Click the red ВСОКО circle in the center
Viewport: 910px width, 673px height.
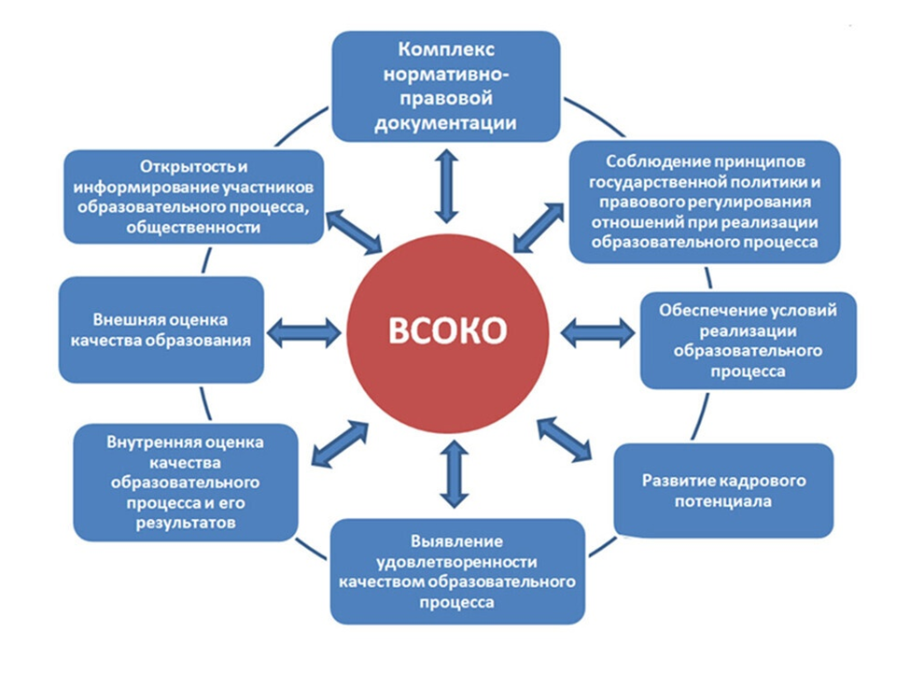pos(447,332)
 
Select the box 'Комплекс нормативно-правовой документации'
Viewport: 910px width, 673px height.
pos(446,87)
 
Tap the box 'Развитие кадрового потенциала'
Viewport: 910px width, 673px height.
pos(723,491)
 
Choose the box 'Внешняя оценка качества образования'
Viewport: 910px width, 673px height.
pos(161,329)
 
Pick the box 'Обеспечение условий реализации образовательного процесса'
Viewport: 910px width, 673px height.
pos(749,341)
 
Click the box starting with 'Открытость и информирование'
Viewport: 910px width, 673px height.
pos(194,197)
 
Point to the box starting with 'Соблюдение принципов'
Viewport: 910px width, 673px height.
pos(705,202)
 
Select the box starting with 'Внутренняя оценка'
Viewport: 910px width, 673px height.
pos(186,483)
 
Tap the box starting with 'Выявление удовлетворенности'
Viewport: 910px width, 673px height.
pos(457,571)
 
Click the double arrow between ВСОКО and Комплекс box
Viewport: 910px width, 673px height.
pos(446,187)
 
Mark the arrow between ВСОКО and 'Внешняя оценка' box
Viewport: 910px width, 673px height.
pos(304,332)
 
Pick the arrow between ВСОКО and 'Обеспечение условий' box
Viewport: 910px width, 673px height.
pos(597,332)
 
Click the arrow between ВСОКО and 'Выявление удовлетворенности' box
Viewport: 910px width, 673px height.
pos(454,474)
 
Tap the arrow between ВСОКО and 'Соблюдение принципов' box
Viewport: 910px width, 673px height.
pos(539,228)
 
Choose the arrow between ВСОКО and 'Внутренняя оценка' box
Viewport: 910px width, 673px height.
pos(340,445)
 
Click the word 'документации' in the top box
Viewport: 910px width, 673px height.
pos(446,123)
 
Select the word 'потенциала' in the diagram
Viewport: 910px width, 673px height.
pos(723,501)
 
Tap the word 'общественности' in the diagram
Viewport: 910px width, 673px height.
pos(194,228)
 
